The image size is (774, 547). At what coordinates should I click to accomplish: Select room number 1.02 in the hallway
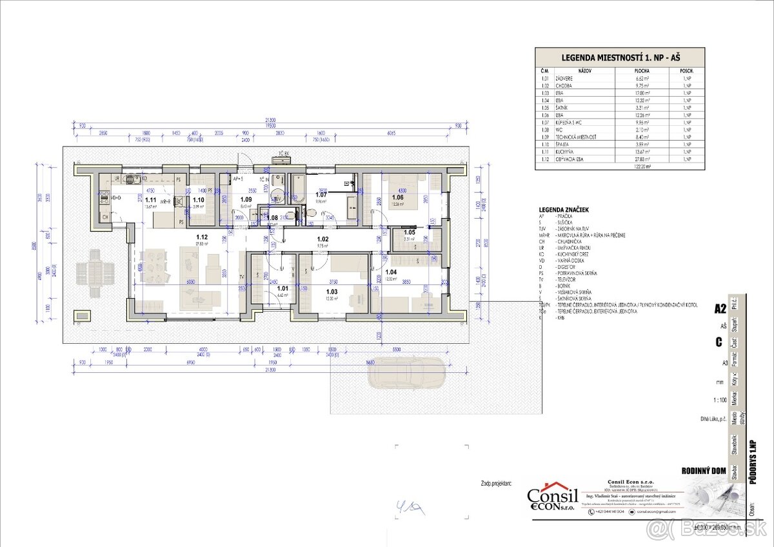point(322,239)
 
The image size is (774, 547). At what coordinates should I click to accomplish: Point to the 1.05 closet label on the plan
point(409,232)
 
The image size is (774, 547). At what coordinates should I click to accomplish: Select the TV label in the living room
point(242,276)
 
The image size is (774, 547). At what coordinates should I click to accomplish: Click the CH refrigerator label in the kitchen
point(104,217)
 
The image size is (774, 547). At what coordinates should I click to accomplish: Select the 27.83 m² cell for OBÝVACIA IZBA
point(642,159)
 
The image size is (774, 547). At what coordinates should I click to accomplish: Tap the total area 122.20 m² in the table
point(642,166)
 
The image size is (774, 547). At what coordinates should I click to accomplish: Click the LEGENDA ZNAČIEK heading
point(566,210)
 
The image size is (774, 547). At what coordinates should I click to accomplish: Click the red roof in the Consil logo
point(552,485)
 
